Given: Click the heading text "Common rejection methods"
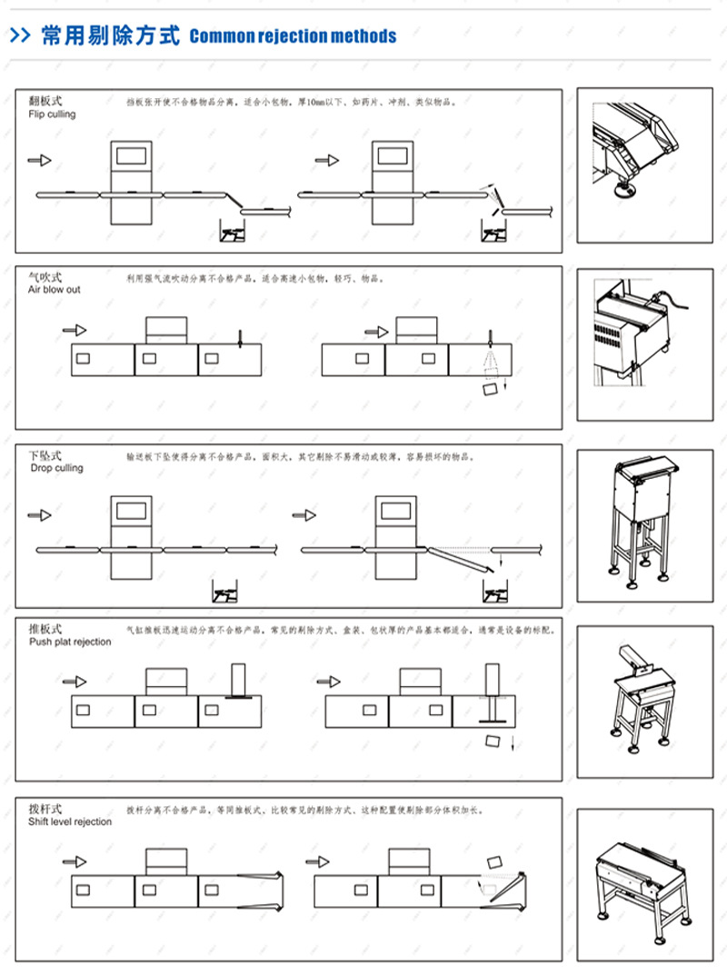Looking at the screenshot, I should [x=293, y=36].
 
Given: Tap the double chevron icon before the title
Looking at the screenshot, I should [x=21, y=35].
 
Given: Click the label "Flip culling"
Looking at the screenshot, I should [x=52, y=115].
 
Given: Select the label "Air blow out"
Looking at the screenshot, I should [x=54, y=289].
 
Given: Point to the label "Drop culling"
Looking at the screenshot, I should [x=55, y=468].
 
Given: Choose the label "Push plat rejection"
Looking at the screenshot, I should [x=69, y=642].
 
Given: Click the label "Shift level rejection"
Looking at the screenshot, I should [x=70, y=822].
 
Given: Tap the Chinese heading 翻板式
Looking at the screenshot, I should [x=45, y=100].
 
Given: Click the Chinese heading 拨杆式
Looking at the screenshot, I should [x=45, y=808].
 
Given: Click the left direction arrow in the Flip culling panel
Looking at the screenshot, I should [x=40, y=160].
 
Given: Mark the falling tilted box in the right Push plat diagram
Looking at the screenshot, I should [x=496, y=739].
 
